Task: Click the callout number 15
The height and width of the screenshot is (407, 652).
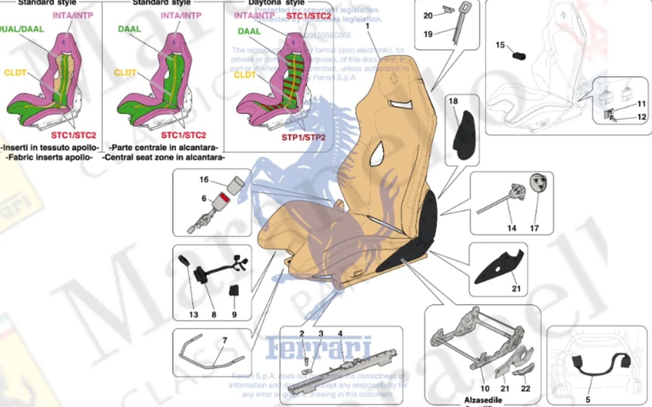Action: pyautogui.click(x=500, y=45)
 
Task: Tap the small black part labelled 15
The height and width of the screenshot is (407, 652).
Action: pyautogui.click(x=519, y=56)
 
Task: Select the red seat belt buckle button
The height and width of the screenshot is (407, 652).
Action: pyautogui.click(x=224, y=198)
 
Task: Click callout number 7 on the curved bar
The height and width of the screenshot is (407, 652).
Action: pyautogui.click(x=225, y=341)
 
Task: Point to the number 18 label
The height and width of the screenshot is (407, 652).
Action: pyautogui.click(x=453, y=101)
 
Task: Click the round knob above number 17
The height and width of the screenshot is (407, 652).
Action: pyautogui.click(x=538, y=182)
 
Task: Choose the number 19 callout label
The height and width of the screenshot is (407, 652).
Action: pyautogui.click(x=428, y=34)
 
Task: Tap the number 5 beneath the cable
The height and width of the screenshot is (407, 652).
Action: pyautogui.click(x=588, y=400)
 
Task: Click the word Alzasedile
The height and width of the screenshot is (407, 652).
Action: pyautogui.click(x=483, y=400)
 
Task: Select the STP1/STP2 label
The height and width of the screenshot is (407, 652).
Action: pyautogui.click(x=303, y=137)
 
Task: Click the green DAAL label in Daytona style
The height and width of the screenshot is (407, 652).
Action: pyautogui.click(x=249, y=31)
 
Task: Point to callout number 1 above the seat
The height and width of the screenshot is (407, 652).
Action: pyautogui.click(x=367, y=26)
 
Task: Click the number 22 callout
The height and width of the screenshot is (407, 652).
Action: pyautogui.click(x=525, y=388)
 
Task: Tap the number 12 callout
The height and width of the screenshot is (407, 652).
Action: pyautogui.click(x=642, y=117)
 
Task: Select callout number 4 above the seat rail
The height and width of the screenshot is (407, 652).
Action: pyautogui.click(x=340, y=334)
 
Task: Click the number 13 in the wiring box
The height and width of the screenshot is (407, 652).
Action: pyautogui.click(x=194, y=315)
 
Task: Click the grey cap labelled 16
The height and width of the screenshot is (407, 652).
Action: pyautogui.click(x=236, y=185)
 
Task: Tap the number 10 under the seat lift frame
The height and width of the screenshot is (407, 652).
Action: pyautogui.click(x=485, y=388)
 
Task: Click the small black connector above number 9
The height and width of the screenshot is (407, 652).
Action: pyautogui.click(x=234, y=290)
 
